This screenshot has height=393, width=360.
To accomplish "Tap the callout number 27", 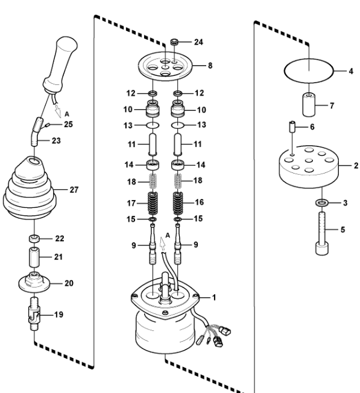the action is click(74, 190).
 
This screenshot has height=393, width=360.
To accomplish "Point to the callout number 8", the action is click(210, 66).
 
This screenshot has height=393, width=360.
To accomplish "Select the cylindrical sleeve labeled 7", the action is click(309, 104).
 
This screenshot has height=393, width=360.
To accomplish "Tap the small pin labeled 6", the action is click(292, 127).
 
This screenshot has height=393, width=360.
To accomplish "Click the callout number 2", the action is click(356, 166).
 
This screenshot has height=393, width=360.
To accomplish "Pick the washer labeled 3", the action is click(322, 203).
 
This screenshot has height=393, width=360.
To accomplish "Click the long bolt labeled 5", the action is click(322, 233).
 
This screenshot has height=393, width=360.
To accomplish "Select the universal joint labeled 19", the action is click(34, 313).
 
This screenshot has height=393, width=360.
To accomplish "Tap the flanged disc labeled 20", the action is click(34, 283).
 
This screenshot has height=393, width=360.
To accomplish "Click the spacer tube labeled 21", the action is click(34, 257).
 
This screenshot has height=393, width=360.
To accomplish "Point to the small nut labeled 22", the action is click(34, 239).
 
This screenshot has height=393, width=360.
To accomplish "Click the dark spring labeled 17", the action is click(153, 203).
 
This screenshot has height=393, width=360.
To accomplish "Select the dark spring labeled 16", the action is click(178, 203).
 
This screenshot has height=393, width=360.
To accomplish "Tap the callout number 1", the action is click(214, 298).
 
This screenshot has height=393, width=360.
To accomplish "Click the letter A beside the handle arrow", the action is click(67, 114).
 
